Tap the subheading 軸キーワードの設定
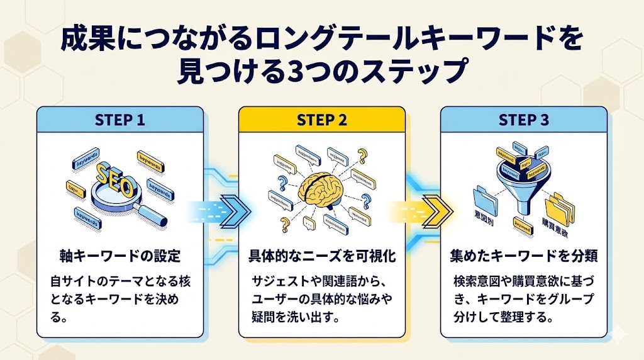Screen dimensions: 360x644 pyautogui.click(x=119, y=257)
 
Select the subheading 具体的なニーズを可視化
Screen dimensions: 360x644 pyautogui.click(x=321, y=257)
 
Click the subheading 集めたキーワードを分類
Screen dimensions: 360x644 pyautogui.click(x=523, y=257)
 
